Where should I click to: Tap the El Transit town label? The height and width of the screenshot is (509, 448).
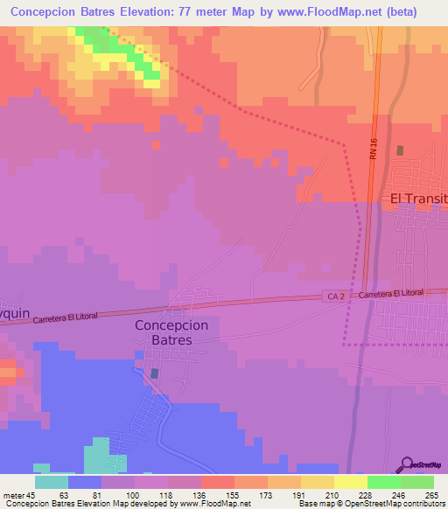point(418,199)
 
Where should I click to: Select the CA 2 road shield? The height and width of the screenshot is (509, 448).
point(333,296)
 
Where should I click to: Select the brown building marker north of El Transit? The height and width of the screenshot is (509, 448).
point(401,150)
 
